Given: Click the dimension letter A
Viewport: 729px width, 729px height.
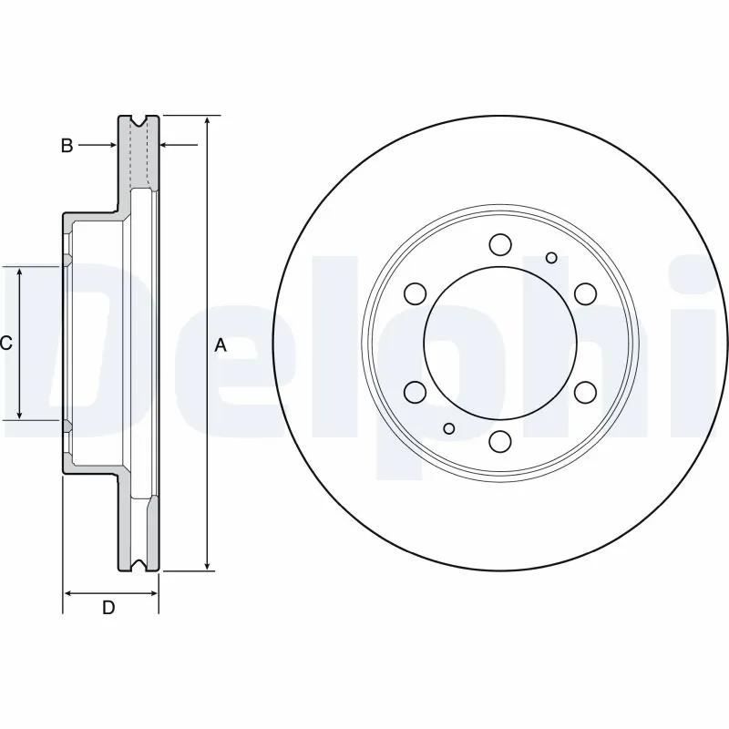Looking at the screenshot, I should pos(220,345).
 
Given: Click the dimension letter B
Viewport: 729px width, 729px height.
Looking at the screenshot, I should pos(67,145).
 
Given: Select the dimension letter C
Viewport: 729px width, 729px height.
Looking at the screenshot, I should pos(5,344).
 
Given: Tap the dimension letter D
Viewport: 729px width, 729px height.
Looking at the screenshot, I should pos(108,608).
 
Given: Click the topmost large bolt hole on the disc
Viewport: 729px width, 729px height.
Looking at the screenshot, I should pos(499,244).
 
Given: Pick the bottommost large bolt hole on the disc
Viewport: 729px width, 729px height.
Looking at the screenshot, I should pos(499,441).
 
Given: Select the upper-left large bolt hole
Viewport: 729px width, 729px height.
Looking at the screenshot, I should pos(415,293).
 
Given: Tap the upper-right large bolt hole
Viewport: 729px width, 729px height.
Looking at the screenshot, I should pos(584,293).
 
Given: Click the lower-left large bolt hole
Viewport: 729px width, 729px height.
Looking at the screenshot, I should pos(415,392).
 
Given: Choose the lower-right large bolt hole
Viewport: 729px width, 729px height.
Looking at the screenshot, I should pos(584,392).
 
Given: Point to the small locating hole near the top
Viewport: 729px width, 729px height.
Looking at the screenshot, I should pos(551,258).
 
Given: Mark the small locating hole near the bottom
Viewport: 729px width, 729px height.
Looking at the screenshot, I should pos(447,428).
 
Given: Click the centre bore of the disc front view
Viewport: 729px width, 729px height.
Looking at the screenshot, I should pos(499,343).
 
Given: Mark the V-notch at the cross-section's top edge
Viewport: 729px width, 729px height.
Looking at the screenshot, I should pos(139,120).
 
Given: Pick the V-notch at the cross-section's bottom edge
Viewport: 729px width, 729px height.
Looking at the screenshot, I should pos(139,568).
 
